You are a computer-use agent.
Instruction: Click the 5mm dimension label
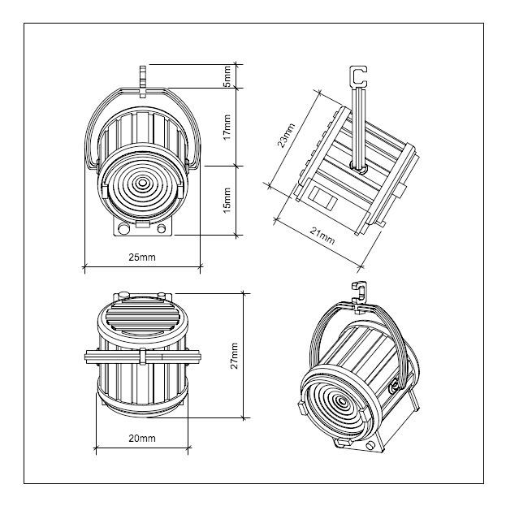click(227, 76)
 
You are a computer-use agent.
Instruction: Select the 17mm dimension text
click(227, 127)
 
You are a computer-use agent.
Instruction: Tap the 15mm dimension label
click(227, 200)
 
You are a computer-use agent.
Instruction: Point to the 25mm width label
click(142, 257)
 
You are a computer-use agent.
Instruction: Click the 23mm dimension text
click(286, 135)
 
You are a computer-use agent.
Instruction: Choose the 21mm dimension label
click(322, 236)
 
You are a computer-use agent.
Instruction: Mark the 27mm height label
click(235, 356)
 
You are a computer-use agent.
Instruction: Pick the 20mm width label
click(142, 439)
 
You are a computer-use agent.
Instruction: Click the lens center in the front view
click(142, 184)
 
